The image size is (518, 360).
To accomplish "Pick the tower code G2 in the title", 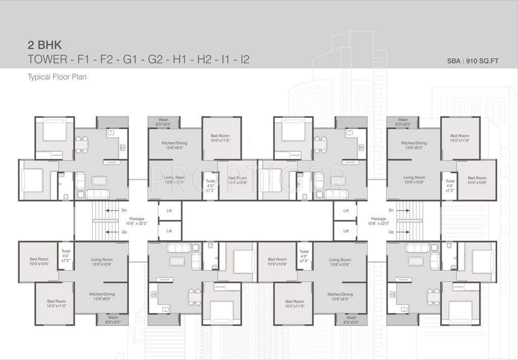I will coord(154,59).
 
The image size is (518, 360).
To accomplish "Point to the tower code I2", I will coord(245,59).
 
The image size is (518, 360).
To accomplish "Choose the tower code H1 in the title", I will coord(180,59).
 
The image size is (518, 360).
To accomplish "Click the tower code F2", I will coord(106,59).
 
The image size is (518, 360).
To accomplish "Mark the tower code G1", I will coord(130,59).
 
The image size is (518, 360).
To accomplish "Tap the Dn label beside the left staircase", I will coord(124,210).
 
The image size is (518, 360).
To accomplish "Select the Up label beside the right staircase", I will coord(391,231).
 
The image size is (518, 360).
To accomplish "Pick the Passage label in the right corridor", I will coord(378,219).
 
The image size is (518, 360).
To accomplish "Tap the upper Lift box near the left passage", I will coord(169,211).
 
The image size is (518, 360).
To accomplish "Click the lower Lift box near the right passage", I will coord(346,231).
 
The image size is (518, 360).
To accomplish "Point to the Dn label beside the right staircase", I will coord(391,210).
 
